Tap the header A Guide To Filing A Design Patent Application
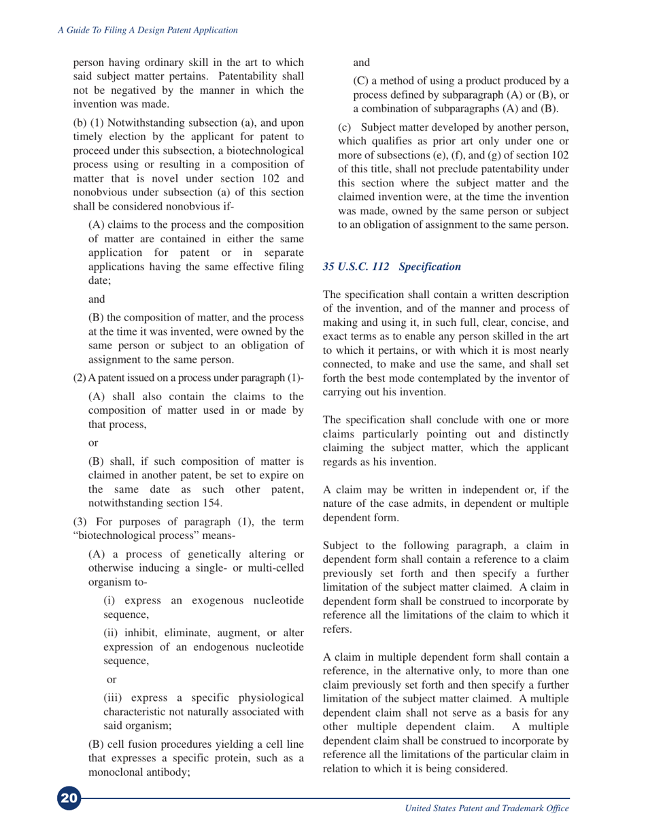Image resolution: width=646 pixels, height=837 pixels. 146,30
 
